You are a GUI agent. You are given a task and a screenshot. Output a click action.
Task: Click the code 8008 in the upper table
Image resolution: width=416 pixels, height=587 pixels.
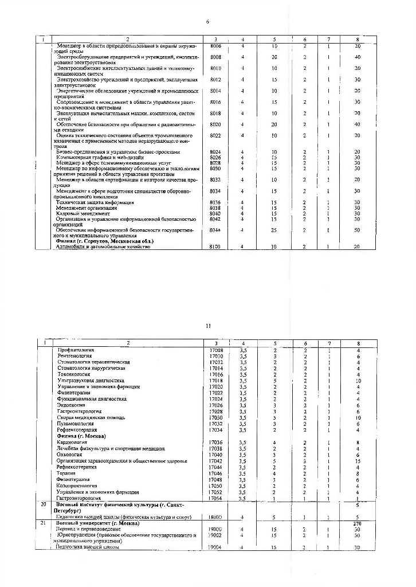tap(215, 57)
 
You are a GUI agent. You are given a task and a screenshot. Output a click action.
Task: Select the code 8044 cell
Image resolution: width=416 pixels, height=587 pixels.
tap(215, 229)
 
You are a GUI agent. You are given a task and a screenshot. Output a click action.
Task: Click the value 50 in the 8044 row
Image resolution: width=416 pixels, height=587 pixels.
tap(357, 229)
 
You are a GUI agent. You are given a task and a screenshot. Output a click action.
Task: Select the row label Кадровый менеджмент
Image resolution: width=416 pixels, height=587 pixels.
tap(84, 213)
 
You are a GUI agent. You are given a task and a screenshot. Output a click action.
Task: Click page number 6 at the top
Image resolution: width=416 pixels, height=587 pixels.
tap(207, 22)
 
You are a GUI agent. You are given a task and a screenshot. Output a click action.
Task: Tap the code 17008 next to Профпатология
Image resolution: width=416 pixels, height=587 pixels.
tap(215, 350)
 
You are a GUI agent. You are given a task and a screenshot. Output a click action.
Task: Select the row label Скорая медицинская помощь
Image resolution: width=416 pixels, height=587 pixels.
tap(90, 417)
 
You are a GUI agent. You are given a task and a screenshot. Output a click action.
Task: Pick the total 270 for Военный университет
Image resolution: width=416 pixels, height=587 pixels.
tap(357, 522)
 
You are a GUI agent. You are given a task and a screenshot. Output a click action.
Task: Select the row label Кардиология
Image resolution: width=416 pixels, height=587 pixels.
tap(72, 443)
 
